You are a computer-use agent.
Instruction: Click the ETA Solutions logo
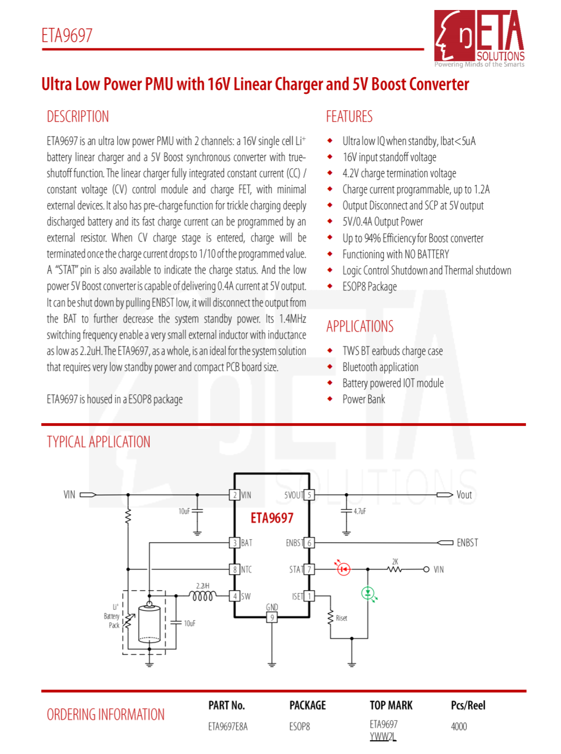479,37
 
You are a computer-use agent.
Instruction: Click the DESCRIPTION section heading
78,117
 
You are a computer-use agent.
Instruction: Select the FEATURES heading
349,117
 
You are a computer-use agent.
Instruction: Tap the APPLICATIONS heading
360,326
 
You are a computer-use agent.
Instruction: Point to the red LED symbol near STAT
343,569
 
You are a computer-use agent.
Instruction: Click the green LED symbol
367,593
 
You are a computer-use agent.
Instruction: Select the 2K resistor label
395,562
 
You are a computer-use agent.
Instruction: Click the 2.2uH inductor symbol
203,596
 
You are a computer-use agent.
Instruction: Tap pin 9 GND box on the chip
272,617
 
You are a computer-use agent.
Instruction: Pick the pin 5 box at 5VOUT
310,495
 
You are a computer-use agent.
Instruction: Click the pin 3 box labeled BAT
235,542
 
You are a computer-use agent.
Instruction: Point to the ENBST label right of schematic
467,542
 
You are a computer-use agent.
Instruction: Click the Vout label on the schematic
464,495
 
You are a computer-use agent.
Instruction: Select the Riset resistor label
341,618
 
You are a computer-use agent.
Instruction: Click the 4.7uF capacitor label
360,511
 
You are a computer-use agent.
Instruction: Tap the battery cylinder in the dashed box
149,624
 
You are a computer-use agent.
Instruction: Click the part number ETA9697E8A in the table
228,726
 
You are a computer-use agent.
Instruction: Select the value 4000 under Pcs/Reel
459,726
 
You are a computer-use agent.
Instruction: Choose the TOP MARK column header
391,705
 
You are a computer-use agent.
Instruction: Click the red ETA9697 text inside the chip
272,518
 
